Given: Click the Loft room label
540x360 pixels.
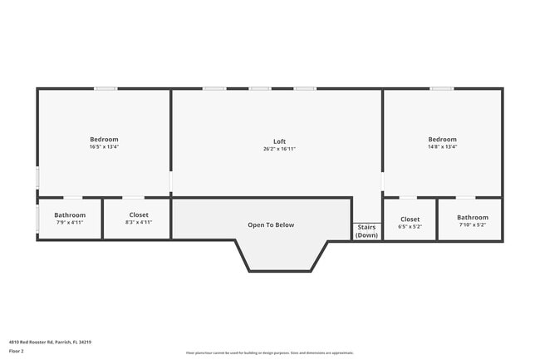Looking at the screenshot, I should coord(279,141).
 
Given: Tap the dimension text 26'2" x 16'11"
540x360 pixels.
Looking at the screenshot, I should coord(279,149).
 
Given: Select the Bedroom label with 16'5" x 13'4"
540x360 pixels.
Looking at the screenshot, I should coord(104,139).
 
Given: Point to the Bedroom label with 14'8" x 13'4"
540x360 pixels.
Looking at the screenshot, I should coord(442,139).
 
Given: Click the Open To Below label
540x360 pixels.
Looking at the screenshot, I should coord(271,224).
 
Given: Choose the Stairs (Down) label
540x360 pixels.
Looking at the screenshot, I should coord(366,231).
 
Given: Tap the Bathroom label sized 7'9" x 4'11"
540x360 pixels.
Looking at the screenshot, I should coord(70,215).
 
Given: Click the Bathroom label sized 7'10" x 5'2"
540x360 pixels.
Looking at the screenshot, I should coord(472,217).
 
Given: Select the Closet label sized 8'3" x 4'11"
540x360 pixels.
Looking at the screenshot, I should coord(139,215).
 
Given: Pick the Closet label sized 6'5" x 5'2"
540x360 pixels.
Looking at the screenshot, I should coord(410,219).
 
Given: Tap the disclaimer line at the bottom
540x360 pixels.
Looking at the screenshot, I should coord(270,353).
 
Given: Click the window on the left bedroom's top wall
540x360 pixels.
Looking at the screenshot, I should coord(105,88).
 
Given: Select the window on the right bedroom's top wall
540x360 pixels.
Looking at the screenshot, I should coord(442,88).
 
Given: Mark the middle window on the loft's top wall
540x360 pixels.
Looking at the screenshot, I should coord(260,88).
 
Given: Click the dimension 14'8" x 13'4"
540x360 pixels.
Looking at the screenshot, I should coord(442,147).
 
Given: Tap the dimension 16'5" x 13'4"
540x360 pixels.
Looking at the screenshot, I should coord(104,147).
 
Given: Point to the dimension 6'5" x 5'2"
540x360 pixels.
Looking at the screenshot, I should coord(410,226).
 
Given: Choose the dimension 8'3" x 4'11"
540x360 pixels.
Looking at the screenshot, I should coord(139,223).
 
